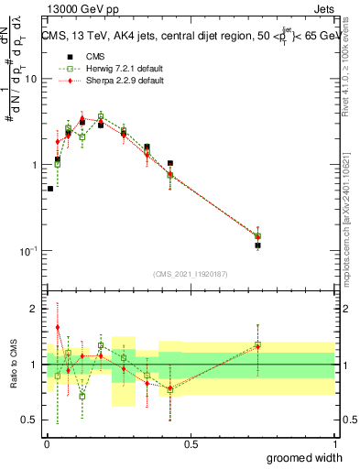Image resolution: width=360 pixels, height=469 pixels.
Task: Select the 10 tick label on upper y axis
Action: (x=30, y=79)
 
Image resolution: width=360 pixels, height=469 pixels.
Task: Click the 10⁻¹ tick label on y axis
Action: (x=27, y=250)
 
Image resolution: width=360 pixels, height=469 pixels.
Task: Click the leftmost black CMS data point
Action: (x=50, y=189)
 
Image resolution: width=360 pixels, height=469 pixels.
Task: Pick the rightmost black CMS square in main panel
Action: (x=257, y=245)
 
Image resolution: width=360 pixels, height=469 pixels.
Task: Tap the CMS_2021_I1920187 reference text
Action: (x=190, y=273)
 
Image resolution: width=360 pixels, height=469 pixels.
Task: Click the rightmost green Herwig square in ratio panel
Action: (x=257, y=345)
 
